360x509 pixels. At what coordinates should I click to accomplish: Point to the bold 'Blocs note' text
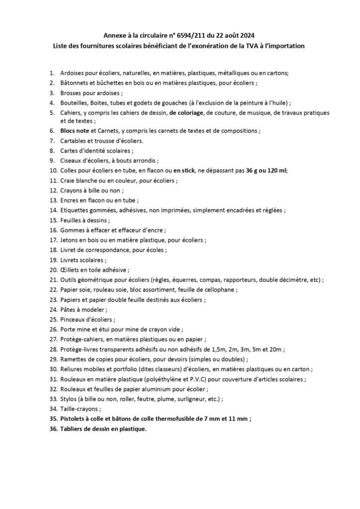(76, 131)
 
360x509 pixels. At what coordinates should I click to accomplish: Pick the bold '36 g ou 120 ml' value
(267, 170)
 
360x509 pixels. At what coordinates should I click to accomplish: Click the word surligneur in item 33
(189, 399)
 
